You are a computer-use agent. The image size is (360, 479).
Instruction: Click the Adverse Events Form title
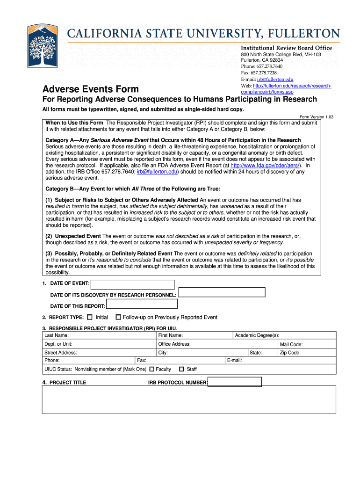[x=91, y=89]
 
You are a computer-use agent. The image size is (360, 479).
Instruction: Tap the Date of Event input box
[x=132, y=284]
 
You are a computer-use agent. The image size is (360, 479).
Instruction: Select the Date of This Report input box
[x=142, y=304]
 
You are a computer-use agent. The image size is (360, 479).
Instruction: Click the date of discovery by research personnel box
[x=222, y=292]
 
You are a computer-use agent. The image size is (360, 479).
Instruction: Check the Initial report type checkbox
[x=90, y=317]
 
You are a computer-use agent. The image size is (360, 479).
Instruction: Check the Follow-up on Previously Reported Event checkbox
[x=118, y=317]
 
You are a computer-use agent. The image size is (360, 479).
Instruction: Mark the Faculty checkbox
[x=151, y=369]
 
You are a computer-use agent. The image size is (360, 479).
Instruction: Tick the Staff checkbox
[x=181, y=369]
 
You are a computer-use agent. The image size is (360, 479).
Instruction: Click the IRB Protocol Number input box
[x=235, y=382]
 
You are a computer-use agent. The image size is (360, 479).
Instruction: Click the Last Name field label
[x=57, y=335]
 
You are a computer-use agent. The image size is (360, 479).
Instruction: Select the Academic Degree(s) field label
[x=257, y=335]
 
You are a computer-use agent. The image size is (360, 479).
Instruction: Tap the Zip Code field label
[x=290, y=353]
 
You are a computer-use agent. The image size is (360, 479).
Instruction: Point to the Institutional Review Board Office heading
[x=286, y=48]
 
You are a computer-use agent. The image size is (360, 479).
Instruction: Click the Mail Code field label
[x=291, y=344]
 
